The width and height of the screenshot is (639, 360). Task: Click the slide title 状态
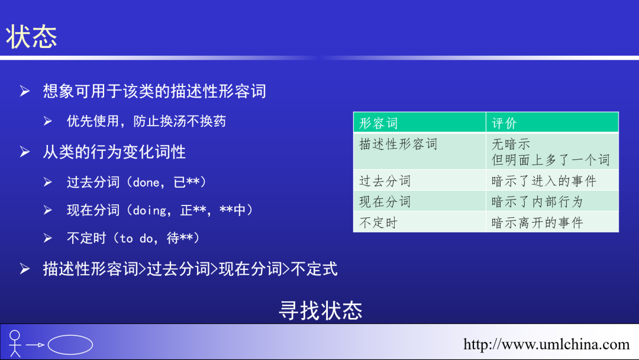[x=32, y=37]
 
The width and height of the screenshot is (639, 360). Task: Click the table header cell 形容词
[x=379, y=123]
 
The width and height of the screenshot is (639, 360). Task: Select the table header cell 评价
[x=504, y=123]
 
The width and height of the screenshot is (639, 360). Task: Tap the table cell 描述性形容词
[x=398, y=144]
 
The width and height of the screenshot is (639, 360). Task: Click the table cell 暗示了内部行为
[x=537, y=201]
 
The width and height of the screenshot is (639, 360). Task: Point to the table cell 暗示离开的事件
[x=537, y=223]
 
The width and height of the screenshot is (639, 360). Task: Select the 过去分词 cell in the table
[x=385, y=181]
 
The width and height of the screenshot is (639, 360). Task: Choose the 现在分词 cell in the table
[x=385, y=201]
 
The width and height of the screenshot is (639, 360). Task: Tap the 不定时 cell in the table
[x=379, y=223]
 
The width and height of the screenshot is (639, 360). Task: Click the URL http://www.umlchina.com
[x=546, y=344]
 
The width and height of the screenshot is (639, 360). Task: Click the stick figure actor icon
[x=15, y=343]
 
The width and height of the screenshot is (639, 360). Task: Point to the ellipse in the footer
[x=70, y=345]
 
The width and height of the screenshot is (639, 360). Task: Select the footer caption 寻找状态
[x=320, y=310]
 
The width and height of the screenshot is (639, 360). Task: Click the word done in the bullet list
[x=146, y=182]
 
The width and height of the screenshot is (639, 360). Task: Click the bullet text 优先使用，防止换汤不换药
[x=146, y=121]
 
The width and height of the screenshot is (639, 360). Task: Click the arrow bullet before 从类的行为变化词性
[x=24, y=152]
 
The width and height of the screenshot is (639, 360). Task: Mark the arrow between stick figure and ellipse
[x=35, y=345]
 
